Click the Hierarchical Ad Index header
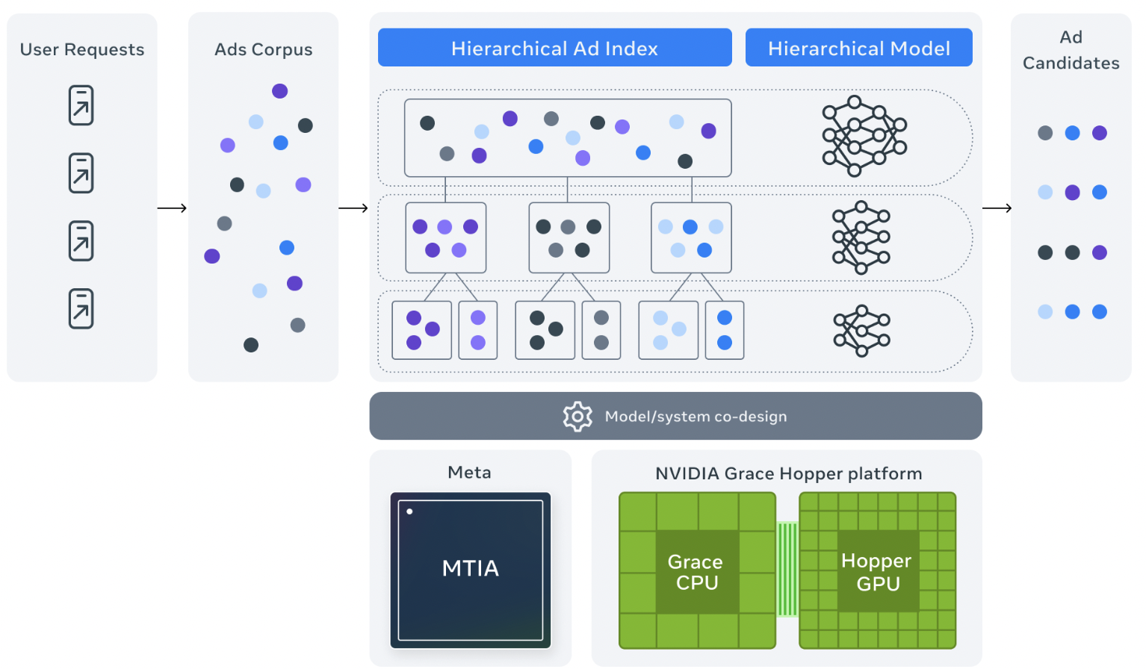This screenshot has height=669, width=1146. click(x=554, y=48)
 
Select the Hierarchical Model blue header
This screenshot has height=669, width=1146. click(x=858, y=48)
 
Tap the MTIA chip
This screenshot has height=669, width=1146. click(x=471, y=570)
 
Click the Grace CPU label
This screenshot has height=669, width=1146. click(x=696, y=572)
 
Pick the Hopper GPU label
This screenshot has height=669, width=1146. click(x=877, y=572)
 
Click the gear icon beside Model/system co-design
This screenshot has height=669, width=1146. click(x=577, y=417)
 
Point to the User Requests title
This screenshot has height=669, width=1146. click(x=82, y=49)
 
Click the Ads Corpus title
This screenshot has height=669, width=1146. click(x=263, y=49)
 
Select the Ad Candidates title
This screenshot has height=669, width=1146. click(x=1071, y=50)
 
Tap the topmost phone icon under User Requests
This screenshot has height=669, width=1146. click(x=81, y=105)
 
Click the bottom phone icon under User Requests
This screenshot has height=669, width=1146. click(x=81, y=308)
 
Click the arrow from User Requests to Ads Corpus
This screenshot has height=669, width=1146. click(x=173, y=208)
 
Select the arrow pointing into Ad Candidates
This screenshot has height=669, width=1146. click(x=997, y=208)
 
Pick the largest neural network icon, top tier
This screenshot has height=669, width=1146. click(x=864, y=136)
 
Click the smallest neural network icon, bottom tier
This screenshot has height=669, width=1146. click(x=862, y=331)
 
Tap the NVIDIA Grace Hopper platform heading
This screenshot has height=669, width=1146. click(x=788, y=473)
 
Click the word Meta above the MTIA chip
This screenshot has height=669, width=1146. click(x=469, y=473)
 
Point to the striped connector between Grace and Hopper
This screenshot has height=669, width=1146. click(x=787, y=570)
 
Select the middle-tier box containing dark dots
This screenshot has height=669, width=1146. click(x=569, y=237)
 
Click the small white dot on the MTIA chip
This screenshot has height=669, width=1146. click(x=409, y=511)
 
